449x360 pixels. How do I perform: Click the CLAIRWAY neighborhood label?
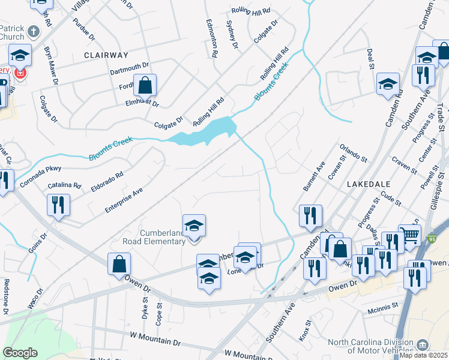(106, 55)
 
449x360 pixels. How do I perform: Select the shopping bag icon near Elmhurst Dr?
(145, 86)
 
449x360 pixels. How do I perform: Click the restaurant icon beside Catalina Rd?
(58, 205)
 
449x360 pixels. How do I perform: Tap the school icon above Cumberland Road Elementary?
(194, 226)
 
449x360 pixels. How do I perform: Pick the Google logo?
(20, 353)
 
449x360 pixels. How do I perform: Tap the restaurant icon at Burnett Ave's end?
(310, 216)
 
